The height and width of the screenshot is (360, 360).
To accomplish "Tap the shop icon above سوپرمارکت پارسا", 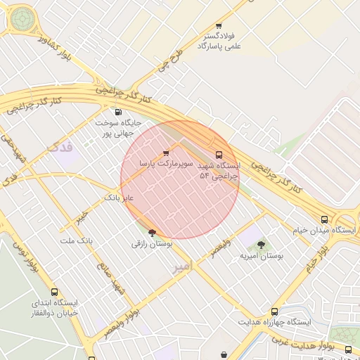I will [x=166, y=153].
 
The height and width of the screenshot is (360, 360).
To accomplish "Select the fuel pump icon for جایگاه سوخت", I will [x=117, y=112].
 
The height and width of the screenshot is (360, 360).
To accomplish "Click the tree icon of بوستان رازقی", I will [x=152, y=233].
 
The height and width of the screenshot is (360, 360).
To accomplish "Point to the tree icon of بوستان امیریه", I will [x=262, y=245].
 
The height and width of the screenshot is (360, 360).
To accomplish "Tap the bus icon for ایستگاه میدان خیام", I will [x=324, y=219].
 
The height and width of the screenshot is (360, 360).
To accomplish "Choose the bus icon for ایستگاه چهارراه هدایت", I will [x=274, y=311].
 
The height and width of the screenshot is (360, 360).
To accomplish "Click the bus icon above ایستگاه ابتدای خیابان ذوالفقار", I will [x=54, y=292].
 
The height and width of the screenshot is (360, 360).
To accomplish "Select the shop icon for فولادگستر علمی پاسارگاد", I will [x=219, y=26].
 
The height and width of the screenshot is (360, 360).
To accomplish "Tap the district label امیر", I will [x=182, y=267].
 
